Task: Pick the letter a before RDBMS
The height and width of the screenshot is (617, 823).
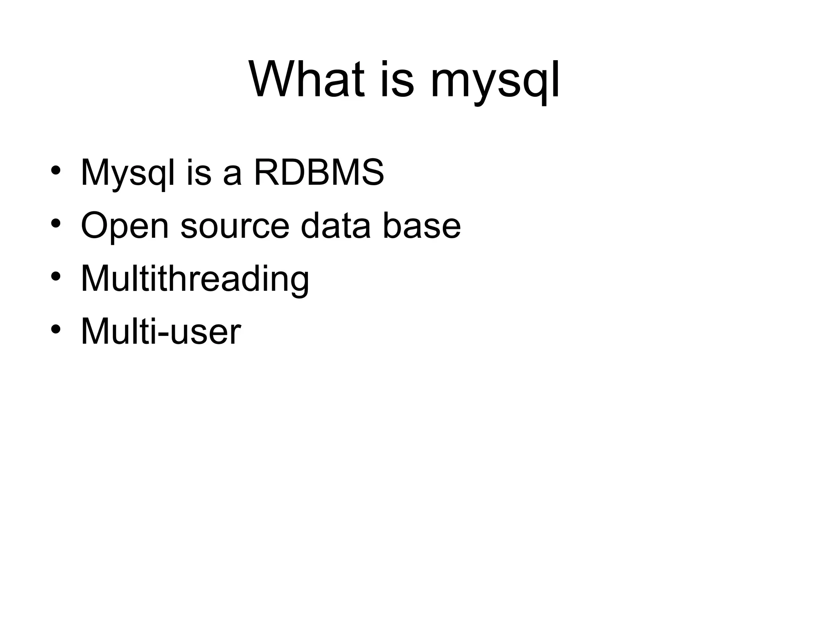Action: (x=232, y=177)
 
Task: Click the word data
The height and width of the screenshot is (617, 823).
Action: (x=336, y=226)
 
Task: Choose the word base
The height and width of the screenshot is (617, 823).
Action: (x=422, y=226)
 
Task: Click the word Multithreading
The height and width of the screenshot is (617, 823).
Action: (x=195, y=279)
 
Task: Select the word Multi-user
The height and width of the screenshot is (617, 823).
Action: (x=161, y=331)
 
